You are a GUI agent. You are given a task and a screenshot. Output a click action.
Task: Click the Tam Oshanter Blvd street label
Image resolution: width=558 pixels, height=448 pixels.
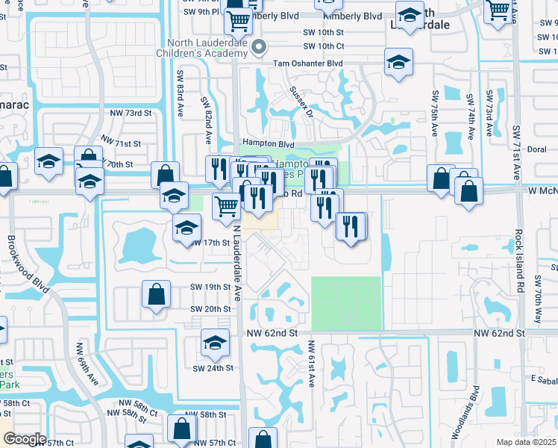(x=308, y=64)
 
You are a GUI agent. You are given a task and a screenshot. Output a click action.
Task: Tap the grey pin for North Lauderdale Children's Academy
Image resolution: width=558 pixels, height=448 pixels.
(x=260, y=46)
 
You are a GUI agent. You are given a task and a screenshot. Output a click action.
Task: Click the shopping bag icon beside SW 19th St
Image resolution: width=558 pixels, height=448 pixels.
(x=157, y=295)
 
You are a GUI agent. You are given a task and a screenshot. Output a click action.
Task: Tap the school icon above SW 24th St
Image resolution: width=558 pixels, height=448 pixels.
(x=215, y=342)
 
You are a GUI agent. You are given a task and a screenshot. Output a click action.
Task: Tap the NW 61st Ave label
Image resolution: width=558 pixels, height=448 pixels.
(x=311, y=364)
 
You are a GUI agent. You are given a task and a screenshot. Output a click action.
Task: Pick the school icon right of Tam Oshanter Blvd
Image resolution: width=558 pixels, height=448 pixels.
(x=399, y=62)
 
